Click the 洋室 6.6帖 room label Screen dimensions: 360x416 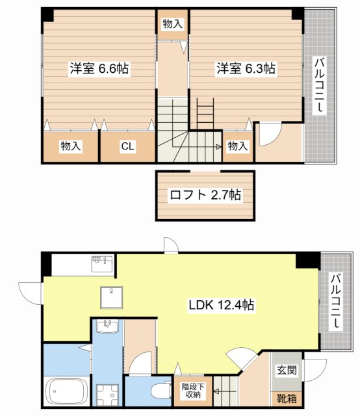[99, 69]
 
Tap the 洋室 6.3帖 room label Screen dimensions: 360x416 [246, 68]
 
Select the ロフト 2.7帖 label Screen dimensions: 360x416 [205, 195]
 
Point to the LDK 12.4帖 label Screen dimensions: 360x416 [222, 305]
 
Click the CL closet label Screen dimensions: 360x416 [127, 146]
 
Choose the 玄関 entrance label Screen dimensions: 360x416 [287, 370]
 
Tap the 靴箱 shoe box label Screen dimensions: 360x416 [287, 398]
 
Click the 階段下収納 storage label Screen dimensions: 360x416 [193, 390]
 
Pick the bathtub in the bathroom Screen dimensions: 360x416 [66, 391]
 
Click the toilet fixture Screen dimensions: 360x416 [161, 390]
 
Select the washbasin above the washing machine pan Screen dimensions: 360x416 [107, 326]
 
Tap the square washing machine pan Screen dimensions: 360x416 [107, 395]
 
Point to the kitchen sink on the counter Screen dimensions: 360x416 [102, 264]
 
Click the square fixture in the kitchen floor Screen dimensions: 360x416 [111, 297]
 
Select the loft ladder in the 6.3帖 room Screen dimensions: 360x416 [205, 114]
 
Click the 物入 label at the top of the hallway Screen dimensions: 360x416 [173, 24]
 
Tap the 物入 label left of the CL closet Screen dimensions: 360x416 [71, 146]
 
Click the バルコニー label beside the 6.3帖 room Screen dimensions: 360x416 [320, 85]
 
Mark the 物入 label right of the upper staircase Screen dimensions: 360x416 [238, 146]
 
